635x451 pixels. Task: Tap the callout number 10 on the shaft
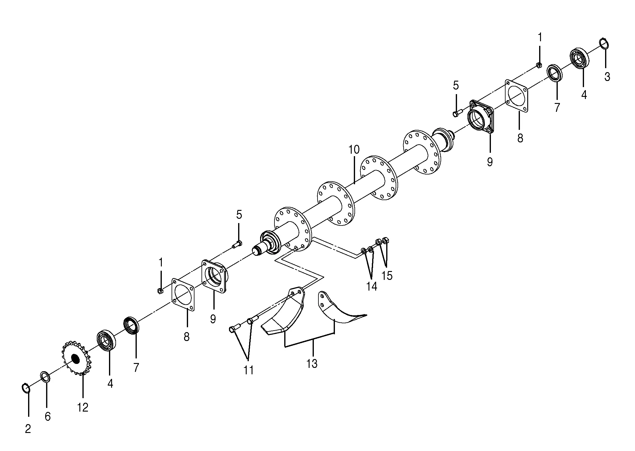(x=354, y=150)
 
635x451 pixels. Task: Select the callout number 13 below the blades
(x=312, y=364)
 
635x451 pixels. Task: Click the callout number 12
(x=83, y=407)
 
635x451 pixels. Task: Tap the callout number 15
(x=387, y=276)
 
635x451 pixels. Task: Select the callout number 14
(x=372, y=286)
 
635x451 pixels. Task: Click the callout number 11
(x=249, y=370)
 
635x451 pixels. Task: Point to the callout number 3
(x=607, y=77)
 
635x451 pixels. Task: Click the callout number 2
(x=28, y=429)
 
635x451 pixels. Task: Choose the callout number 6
(x=48, y=416)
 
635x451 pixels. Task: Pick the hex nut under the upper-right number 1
(x=539, y=65)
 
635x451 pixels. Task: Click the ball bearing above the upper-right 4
(x=579, y=58)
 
